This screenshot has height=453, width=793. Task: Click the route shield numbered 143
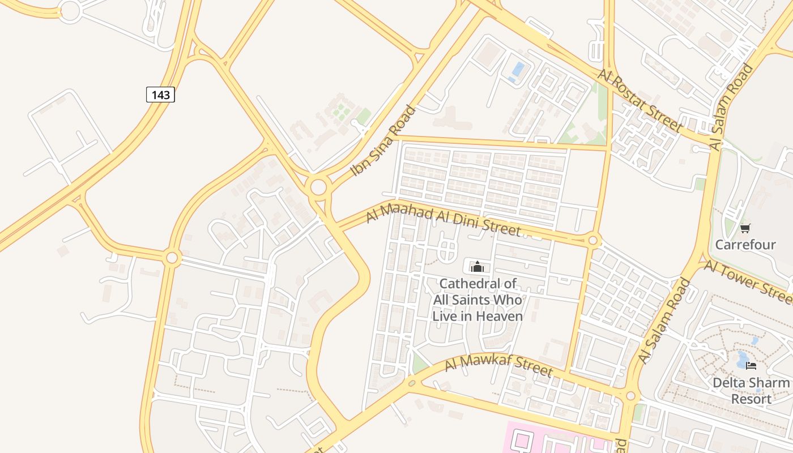pos(161,95)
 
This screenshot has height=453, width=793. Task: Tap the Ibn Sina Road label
pos(383,140)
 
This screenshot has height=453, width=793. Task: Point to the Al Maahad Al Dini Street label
pos(443,220)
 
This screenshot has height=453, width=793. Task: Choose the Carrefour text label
pos(745,245)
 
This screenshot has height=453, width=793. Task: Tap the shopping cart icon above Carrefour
pos(745,228)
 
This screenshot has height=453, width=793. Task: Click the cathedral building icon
pos(477,266)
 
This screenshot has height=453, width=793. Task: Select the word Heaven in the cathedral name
pos(499,316)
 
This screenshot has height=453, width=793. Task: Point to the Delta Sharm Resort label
pos(751,391)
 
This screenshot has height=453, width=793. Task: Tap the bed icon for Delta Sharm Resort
pos(751,366)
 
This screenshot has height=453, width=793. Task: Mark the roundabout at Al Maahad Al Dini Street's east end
pos(593,241)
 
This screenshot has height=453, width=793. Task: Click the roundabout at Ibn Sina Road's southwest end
pos(319,187)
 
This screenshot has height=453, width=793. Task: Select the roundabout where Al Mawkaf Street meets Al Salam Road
pos(630,396)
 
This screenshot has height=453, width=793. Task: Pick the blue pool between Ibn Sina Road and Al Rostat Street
pos(518,70)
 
